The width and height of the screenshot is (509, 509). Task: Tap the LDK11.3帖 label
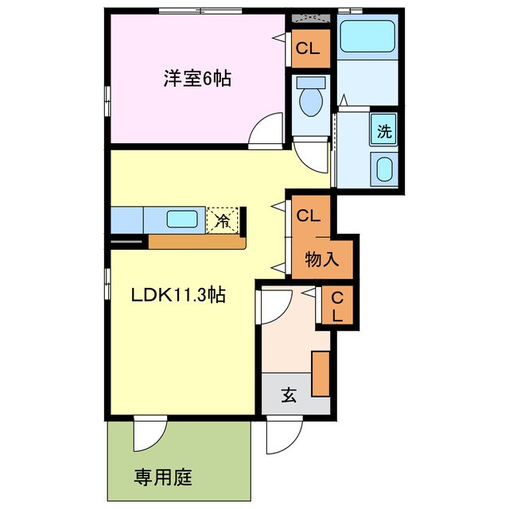179,295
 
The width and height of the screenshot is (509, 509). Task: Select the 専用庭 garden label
162,478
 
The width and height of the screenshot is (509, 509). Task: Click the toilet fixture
309,99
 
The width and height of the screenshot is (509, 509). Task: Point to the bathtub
367,36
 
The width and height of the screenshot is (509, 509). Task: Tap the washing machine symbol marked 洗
384,132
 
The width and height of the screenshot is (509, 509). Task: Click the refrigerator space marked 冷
223,220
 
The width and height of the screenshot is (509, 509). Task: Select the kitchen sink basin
182,219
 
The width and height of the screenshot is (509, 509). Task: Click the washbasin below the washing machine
384,169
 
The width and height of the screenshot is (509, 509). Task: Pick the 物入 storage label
323,258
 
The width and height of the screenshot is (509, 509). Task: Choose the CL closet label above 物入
309,215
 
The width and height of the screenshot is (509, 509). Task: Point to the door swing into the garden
148,433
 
